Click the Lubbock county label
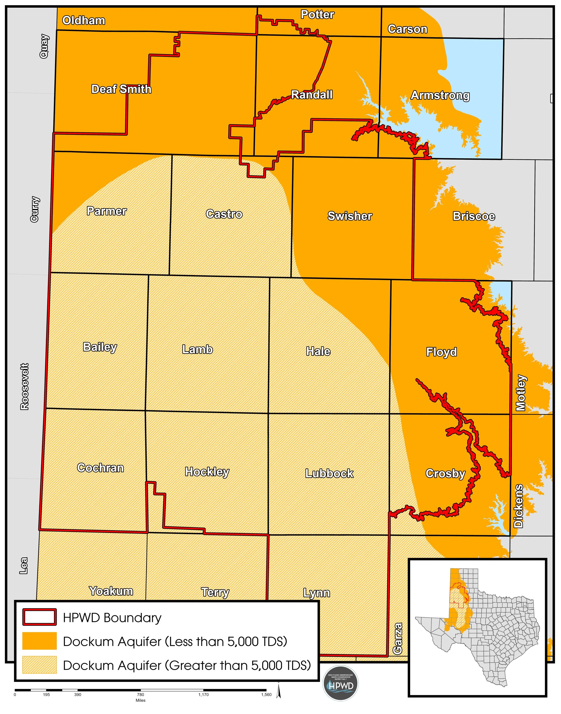tap(329, 473)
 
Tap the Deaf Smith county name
tap(121, 89)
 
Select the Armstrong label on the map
tap(440, 96)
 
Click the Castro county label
tap(224, 214)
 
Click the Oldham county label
tap(84, 21)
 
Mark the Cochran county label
tap(101, 468)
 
